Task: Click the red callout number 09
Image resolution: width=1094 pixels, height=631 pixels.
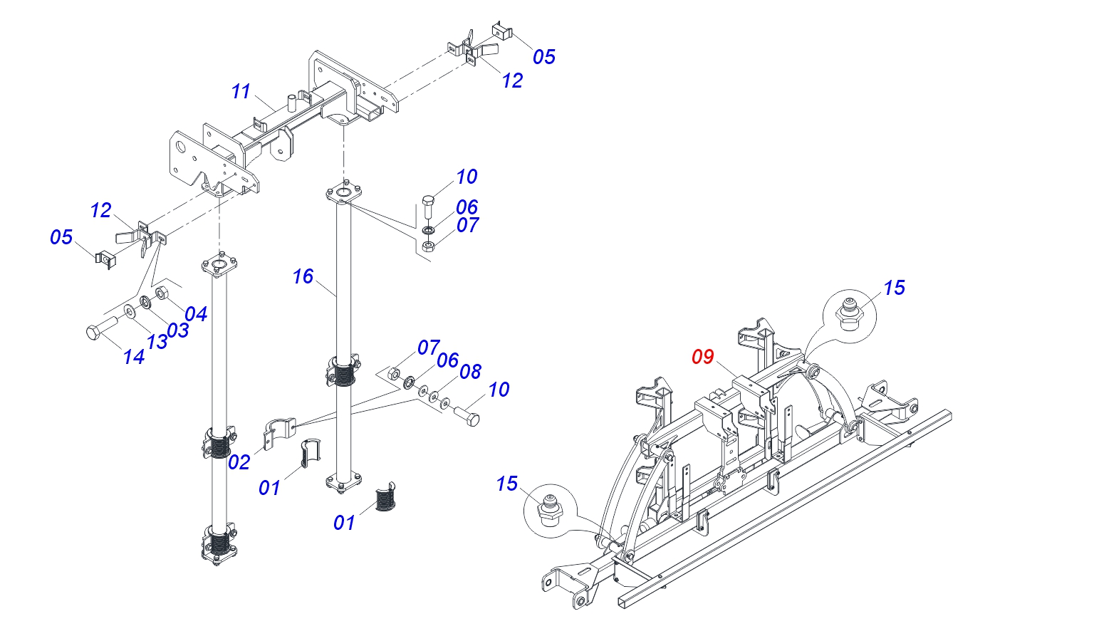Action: point(703,357)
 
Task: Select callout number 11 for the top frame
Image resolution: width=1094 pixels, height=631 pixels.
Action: point(241,91)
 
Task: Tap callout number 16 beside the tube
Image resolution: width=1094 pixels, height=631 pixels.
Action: point(303,276)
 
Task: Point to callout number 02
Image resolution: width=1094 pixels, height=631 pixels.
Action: point(239,462)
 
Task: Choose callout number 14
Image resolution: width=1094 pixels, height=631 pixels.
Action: point(134,357)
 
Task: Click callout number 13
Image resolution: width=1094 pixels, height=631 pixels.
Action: point(157,342)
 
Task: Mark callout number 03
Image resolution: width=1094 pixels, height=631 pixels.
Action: point(178,330)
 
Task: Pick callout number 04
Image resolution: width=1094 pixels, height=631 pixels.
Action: point(196,313)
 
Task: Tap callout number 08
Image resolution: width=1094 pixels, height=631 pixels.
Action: point(470,372)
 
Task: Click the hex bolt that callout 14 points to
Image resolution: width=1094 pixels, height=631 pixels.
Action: point(102,328)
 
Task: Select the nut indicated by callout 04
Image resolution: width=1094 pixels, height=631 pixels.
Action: point(162,293)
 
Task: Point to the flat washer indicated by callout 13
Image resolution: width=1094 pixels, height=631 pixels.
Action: point(130,311)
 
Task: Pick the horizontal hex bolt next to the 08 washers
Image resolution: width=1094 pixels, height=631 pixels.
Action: point(467,416)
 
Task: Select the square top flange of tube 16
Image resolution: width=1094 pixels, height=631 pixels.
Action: point(344,194)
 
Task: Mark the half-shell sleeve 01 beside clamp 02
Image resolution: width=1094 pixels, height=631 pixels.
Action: point(310,453)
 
